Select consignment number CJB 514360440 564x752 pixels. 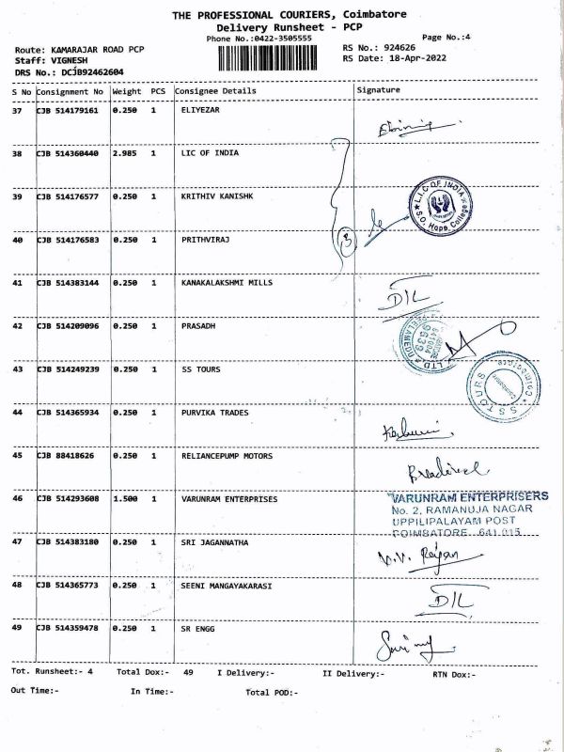coord(69,152)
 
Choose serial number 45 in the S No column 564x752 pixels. coord(17,456)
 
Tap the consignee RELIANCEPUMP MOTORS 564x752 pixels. coord(227,456)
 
